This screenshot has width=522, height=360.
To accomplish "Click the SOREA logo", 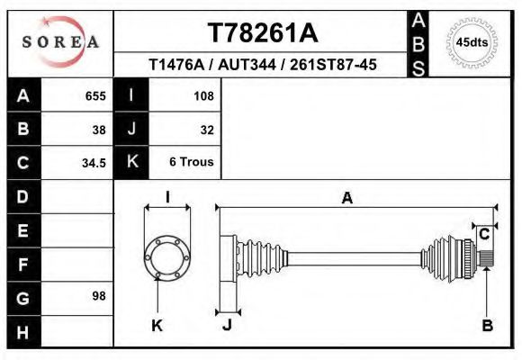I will pos(60,41).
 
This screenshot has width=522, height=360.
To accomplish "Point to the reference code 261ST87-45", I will pos(329,65).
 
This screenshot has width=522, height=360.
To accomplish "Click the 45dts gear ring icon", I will pos(472,41).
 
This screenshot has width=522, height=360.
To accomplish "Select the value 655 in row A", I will pos(95,95).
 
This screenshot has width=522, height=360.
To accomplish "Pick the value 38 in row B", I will pos(99,129).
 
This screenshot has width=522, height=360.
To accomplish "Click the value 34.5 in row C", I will pos(94,163).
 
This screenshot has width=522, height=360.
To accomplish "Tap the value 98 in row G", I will pos(99,296).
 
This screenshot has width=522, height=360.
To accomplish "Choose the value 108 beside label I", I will pos(204,95).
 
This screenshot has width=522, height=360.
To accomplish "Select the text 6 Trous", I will pos(192,163).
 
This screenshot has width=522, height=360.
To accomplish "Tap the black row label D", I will pos(23,196).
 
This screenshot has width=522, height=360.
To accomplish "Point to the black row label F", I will pos(23,264).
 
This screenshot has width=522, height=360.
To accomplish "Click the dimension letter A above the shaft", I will pos(346,199).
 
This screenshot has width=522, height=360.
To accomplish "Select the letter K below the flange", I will pos(157,325).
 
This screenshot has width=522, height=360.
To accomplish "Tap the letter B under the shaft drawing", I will pos(487,325).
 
